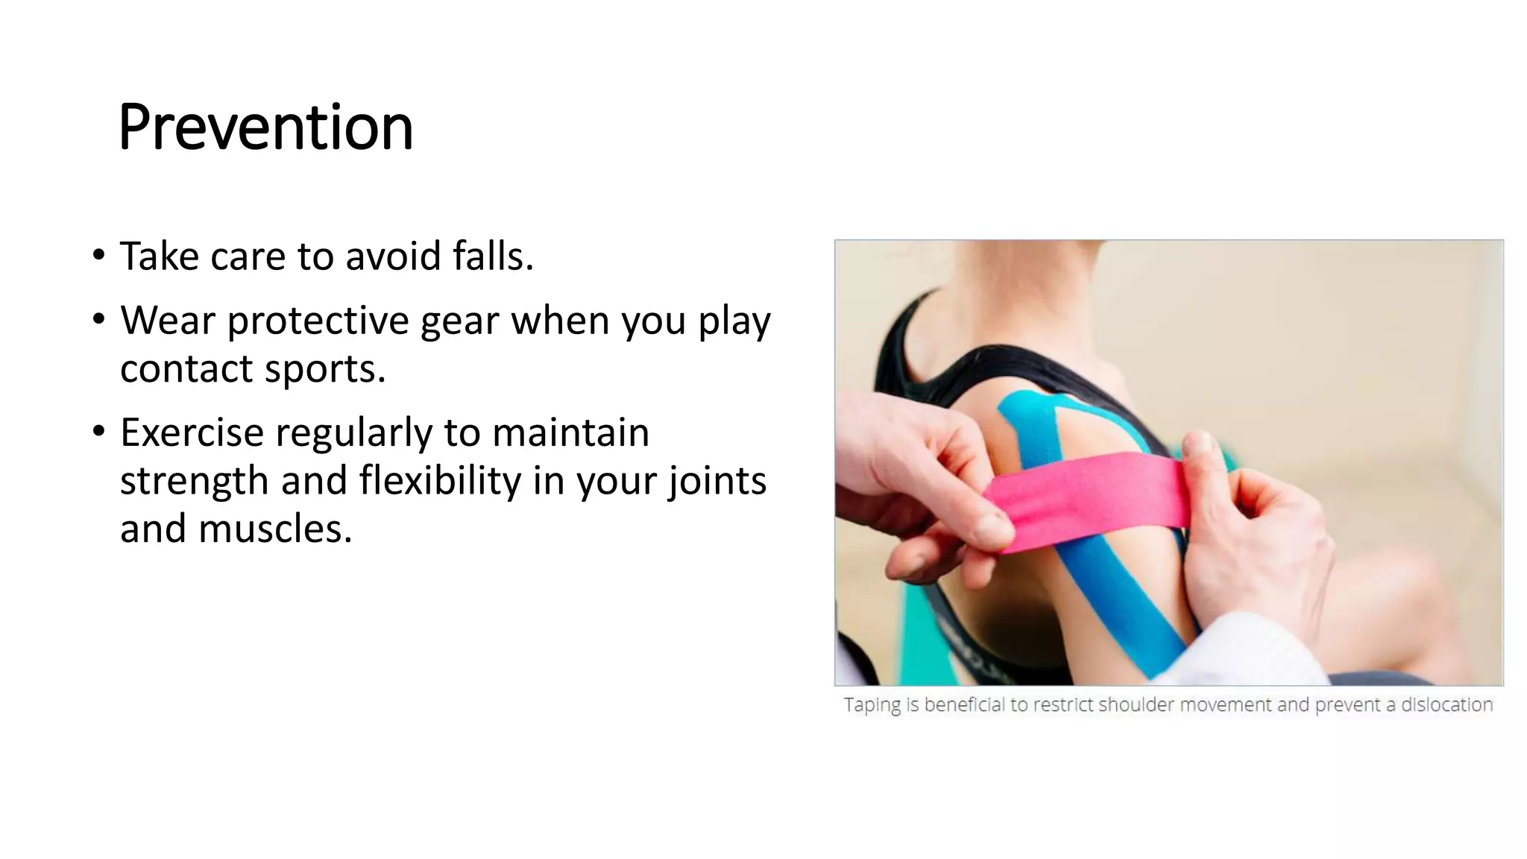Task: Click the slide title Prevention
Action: tap(265, 128)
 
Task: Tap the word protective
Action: tap(318, 321)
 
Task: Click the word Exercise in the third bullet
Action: tap(192, 432)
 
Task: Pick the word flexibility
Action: tap(440, 480)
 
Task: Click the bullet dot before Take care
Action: tap(99, 255)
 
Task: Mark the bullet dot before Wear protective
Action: tap(99, 320)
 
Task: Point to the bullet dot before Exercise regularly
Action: tap(99, 432)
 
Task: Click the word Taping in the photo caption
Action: tap(872, 705)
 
